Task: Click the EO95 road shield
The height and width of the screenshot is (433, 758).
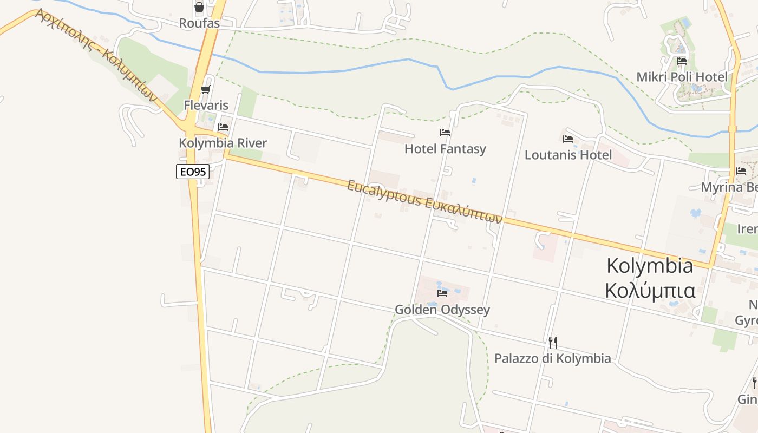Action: [x=193, y=172]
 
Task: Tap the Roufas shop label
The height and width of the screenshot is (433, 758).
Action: [x=200, y=23]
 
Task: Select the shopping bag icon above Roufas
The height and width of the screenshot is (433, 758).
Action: [x=199, y=8]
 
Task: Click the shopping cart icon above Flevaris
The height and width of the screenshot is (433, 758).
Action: [x=205, y=89]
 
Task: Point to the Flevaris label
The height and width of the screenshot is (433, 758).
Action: [x=206, y=105]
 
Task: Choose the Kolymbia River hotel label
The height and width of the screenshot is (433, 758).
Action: [x=223, y=143]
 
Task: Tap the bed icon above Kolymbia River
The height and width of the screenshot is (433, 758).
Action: [x=223, y=128]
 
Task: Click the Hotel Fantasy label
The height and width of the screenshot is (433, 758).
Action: [x=445, y=149]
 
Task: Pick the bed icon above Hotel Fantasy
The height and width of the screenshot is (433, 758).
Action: [x=445, y=132]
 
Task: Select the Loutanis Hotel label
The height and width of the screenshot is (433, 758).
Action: [x=568, y=155]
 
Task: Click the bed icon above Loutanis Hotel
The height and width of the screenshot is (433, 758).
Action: [x=568, y=139]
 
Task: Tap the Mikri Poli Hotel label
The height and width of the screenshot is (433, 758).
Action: [x=682, y=77]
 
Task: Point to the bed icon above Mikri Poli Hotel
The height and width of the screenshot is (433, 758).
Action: [x=682, y=61]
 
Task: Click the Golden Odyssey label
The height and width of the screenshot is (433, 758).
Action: [x=442, y=310]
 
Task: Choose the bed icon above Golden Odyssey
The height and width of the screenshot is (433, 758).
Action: [x=442, y=293]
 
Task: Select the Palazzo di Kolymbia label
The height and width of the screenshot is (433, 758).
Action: [x=552, y=358]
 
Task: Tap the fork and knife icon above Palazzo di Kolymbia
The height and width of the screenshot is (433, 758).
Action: [x=552, y=342]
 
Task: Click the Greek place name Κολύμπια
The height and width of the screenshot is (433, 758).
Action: [x=650, y=291]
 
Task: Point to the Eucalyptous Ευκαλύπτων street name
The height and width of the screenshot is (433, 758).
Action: [x=424, y=202]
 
